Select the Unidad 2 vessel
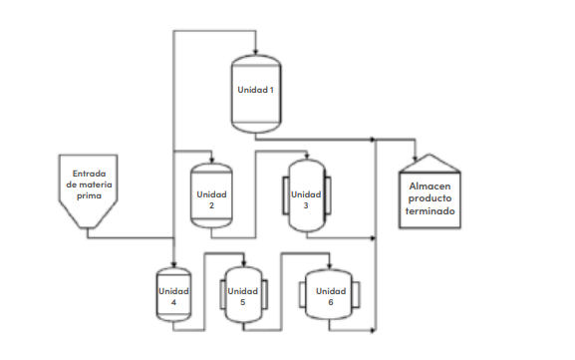(211, 196)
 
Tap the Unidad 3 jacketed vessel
(307, 195)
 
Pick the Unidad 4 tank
(173, 296)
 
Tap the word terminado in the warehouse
(429, 211)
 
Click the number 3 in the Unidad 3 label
(307, 204)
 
